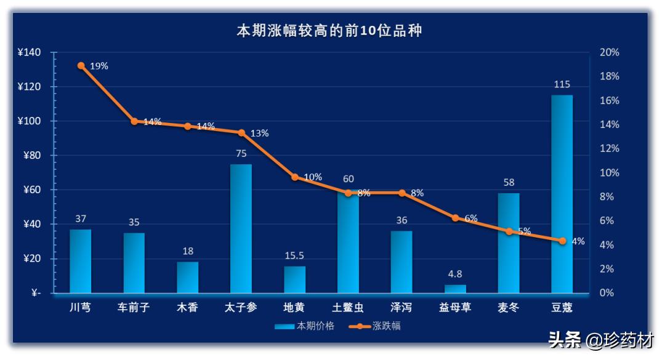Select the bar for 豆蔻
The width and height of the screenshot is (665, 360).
pyautogui.click(x=562, y=194)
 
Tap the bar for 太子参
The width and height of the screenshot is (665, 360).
pyautogui.click(x=241, y=228)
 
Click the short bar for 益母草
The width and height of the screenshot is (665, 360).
pyautogui.click(x=455, y=289)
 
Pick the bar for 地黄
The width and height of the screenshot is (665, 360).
pyautogui.click(x=294, y=279)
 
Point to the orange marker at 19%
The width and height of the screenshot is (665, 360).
pyautogui.click(x=81, y=65)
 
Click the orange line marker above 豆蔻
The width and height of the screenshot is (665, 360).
pyautogui.click(x=562, y=241)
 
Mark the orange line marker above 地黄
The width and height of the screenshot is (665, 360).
pyautogui.click(x=294, y=177)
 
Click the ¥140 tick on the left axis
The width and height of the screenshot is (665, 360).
pyautogui.click(x=29, y=53)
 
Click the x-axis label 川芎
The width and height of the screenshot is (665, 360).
pyautogui.click(x=80, y=307)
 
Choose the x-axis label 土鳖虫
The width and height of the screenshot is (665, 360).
pyautogui.click(x=348, y=307)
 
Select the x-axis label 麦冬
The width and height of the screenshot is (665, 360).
pyautogui.click(x=509, y=307)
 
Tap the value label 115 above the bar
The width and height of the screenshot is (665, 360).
pyautogui.click(x=562, y=84)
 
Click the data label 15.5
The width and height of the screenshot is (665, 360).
pyautogui.click(x=294, y=255)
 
